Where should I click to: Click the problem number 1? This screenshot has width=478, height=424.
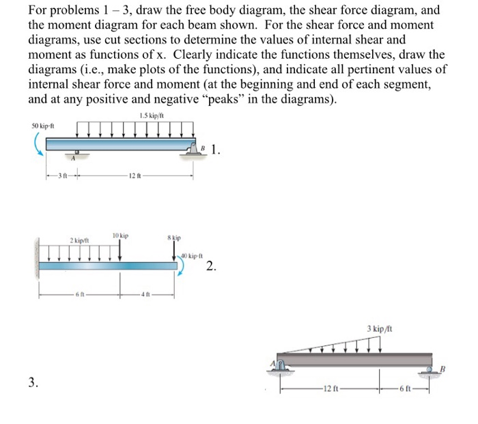point(216,150)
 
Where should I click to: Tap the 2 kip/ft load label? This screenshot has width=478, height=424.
point(81,240)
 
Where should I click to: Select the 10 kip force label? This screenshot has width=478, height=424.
point(120,236)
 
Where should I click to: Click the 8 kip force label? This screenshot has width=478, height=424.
point(175,238)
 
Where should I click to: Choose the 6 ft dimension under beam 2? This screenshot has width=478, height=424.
point(82,296)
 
